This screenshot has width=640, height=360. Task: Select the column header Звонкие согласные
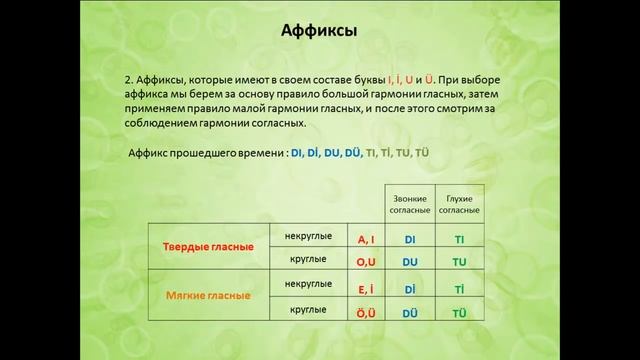tap(410, 205)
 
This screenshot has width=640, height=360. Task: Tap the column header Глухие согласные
tap(460, 205)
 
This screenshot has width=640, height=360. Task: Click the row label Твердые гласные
tap(208, 246)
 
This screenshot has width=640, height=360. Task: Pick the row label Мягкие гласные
tap(208, 296)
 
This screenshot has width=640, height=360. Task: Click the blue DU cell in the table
tap(410, 263)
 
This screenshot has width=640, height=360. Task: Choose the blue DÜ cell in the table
tap(410, 312)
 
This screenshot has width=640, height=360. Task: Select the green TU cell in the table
tap(460, 263)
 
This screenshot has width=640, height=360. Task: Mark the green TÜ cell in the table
tap(460, 312)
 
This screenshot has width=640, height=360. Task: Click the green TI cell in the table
tap(460, 240)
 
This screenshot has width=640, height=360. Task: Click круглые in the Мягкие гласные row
tap(309, 309)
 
